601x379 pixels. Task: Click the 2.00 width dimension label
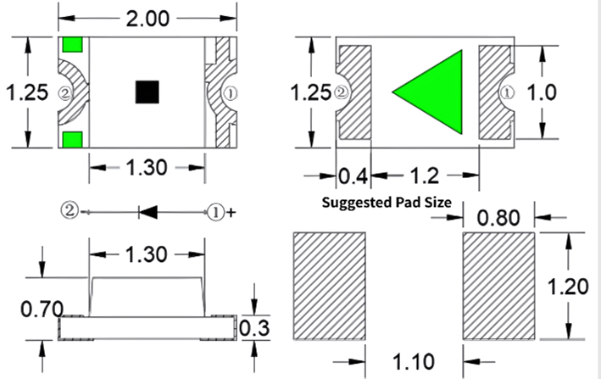click(x=147, y=19)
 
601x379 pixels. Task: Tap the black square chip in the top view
click(x=147, y=92)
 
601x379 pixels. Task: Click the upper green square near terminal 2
click(x=72, y=44)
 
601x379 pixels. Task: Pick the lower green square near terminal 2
click(x=72, y=140)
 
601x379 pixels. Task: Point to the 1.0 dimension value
click(x=542, y=92)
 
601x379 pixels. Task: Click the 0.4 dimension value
click(x=353, y=176)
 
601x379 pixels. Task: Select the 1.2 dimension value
click(x=425, y=176)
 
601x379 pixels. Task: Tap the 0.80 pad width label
click(x=498, y=218)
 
